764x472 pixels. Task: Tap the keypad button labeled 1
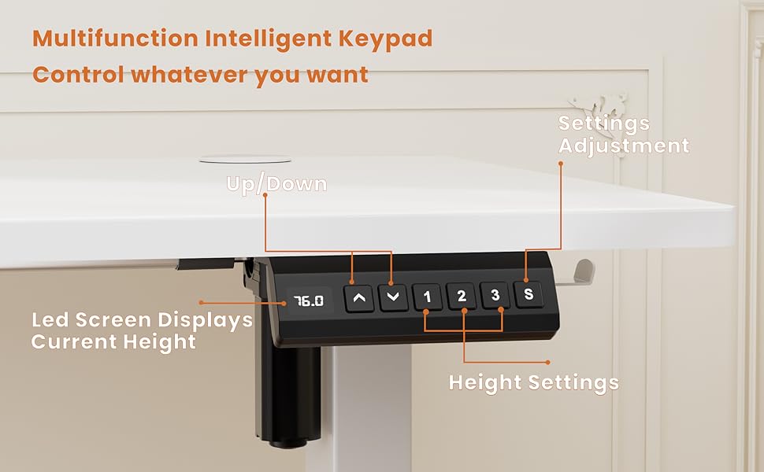pos(427,297)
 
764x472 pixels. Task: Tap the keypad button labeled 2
pos(462,297)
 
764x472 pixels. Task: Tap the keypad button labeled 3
pos(495,296)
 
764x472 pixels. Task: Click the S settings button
pos(528,295)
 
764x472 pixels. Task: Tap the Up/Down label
pos(276,184)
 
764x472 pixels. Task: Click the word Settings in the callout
pos(604,124)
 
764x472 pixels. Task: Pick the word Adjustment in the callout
pos(624,146)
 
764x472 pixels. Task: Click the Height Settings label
pos(533,383)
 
